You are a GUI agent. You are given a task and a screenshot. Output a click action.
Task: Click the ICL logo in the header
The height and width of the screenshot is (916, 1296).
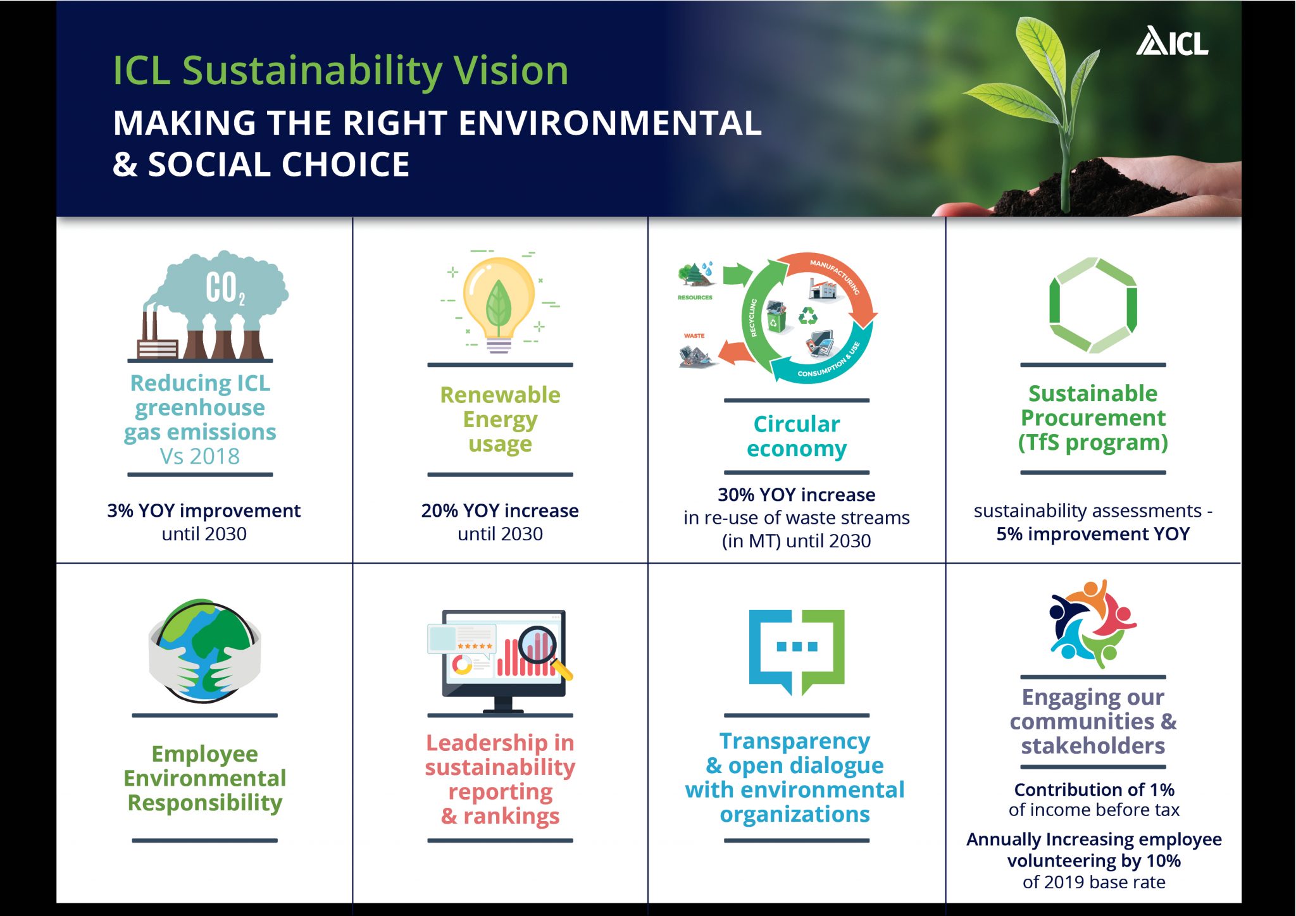tap(1172, 42)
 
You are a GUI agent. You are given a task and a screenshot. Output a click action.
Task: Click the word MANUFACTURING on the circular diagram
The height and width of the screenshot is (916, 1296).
tap(835, 275)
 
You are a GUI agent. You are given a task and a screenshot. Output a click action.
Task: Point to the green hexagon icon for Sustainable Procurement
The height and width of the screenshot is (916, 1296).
tap(1093, 305)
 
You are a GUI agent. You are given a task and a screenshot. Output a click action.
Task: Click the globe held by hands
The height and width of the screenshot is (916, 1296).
tap(204, 650)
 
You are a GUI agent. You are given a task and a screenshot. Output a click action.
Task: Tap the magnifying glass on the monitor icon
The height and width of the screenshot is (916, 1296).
tap(542, 648)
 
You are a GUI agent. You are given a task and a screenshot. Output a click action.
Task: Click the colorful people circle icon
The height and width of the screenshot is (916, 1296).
tap(1092, 623)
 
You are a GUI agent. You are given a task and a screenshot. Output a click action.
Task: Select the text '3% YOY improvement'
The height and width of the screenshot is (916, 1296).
tap(204, 511)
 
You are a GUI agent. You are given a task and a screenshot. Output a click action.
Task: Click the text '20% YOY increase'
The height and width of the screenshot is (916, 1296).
tap(500, 511)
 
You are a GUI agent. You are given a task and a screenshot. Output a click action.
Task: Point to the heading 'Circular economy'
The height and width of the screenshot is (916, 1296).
tap(796, 436)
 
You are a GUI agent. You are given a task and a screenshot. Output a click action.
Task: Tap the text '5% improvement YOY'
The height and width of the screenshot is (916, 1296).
tap(1093, 534)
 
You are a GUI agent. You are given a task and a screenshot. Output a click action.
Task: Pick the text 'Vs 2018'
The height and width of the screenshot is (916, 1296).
tap(200, 456)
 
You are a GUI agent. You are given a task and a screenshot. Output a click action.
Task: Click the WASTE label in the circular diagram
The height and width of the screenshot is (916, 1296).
tap(694, 336)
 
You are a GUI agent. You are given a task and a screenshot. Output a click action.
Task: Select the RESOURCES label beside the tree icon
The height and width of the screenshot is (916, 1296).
tap(695, 297)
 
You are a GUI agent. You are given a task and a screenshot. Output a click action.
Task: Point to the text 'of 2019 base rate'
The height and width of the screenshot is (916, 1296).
tap(1093, 882)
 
